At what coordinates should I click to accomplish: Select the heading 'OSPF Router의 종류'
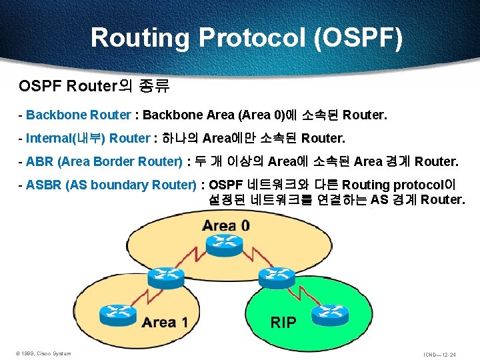(94, 86)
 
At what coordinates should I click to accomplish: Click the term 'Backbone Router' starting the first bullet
(79, 115)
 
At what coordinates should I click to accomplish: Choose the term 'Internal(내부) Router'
(87, 138)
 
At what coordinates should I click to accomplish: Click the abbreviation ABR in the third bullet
(38, 161)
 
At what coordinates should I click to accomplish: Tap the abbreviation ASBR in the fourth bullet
(43, 185)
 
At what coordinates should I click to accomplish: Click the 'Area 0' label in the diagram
(226, 225)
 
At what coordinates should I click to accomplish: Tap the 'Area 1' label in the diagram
(164, 323)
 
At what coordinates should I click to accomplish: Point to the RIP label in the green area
(283, 323)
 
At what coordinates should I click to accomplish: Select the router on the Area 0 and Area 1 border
(161, 276)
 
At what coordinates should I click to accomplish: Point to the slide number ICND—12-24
(439, 354)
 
